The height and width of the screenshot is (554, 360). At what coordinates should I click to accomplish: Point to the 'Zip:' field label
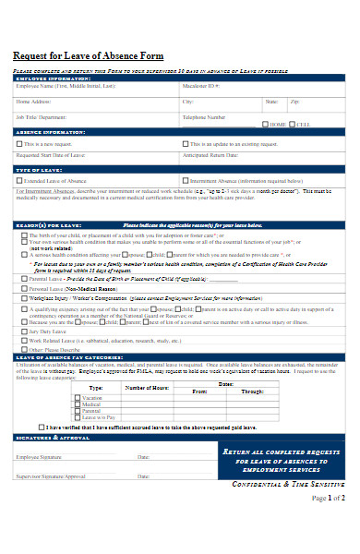point(294,102)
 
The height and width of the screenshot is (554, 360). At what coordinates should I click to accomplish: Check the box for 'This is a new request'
point(19,143)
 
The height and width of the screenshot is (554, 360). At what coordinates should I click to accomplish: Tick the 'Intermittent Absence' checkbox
point(186,181)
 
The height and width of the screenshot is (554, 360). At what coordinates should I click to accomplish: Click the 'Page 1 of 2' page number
point(327,498)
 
